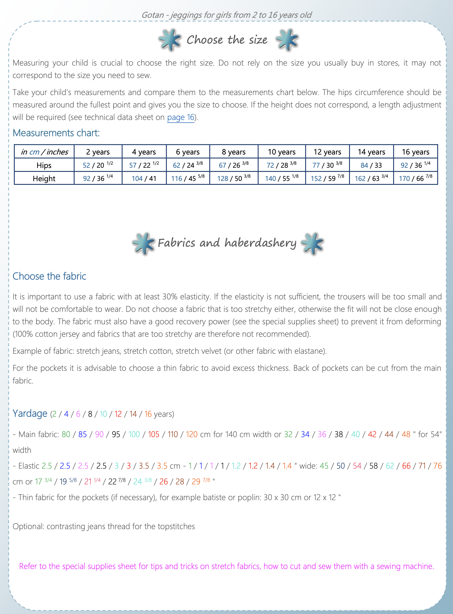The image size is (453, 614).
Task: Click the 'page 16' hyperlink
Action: pos(181,117)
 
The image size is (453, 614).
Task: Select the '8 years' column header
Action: pos(234,152)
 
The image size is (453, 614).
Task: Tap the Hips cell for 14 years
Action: pos(371,165)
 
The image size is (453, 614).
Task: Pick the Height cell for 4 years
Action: pos(144,179)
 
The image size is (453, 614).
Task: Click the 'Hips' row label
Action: pos(44,165)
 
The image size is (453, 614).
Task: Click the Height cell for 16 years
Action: pos(415,178)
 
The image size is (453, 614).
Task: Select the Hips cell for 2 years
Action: pos(98,165)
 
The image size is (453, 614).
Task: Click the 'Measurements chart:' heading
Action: pos(56,133)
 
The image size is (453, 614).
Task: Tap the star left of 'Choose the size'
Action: pos(169,40)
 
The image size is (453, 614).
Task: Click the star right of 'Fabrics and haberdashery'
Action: pos(312,243)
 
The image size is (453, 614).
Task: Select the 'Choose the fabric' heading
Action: pos(49,276)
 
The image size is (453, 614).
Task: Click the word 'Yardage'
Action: pos(30,413)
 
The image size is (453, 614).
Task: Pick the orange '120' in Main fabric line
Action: pos(191,434)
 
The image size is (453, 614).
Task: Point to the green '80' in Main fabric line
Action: pos(66,434)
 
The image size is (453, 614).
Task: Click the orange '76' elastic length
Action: pos(437,466)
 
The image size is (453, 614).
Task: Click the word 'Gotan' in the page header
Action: pos(152,15)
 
